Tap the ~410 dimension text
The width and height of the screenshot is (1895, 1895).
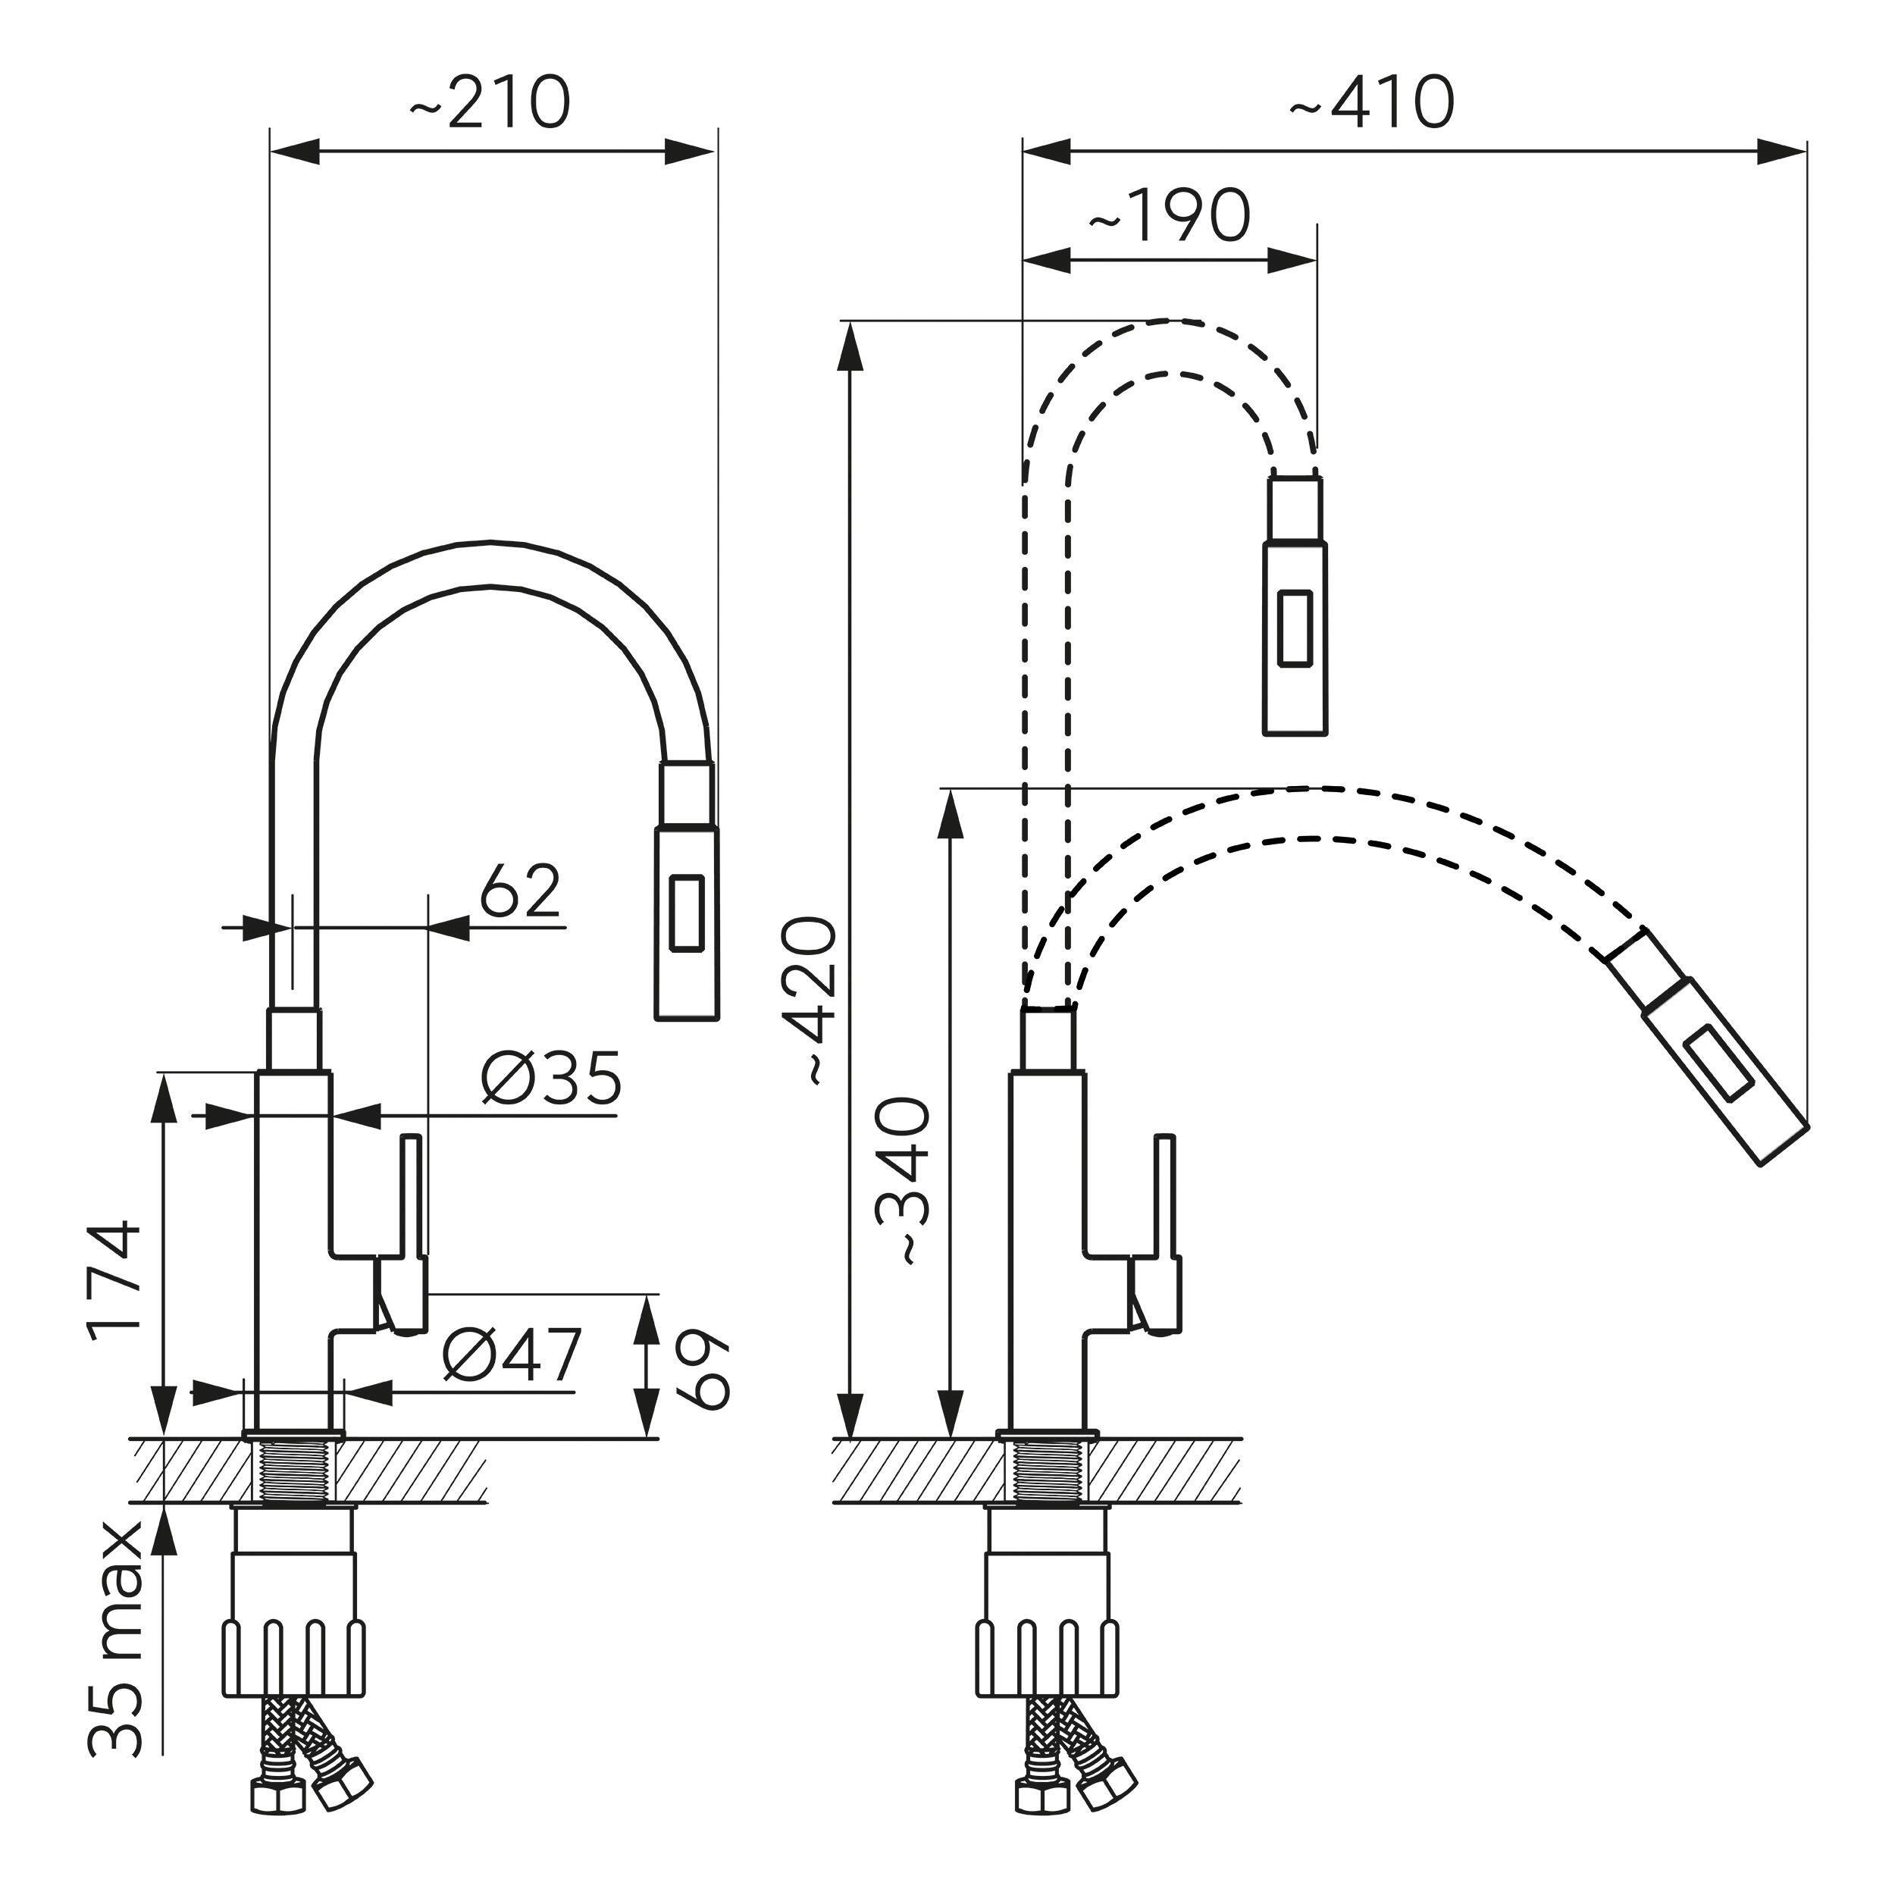[x=1371, y=102]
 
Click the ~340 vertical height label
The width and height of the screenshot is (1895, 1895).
[x=901, y=1182]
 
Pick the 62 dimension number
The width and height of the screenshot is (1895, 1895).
[x=520, y=891]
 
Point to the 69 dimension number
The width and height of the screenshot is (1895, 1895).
[x=703, y=1370]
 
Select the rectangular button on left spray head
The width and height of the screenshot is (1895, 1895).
[x=686, y=912]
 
